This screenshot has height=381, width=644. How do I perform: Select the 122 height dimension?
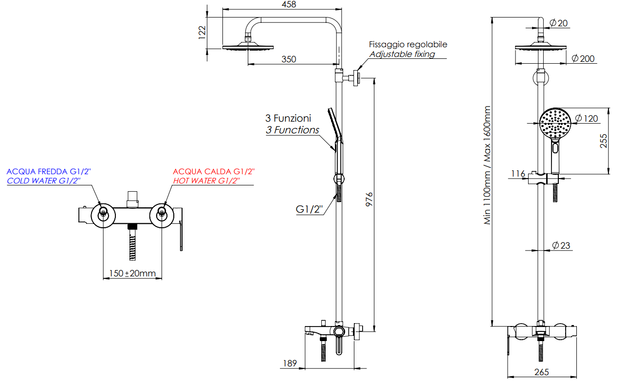coord(202,32)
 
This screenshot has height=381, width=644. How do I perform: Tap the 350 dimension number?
coord(289,59)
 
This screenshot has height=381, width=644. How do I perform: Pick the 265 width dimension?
coord(541,372)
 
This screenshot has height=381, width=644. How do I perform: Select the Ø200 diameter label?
coord(583,58)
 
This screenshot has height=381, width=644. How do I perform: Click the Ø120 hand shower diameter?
coord(587,118)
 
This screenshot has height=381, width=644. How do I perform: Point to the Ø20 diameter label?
coord(559,22)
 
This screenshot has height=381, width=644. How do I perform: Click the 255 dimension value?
coord(604,141)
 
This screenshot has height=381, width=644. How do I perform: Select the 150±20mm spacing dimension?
coord(132,273)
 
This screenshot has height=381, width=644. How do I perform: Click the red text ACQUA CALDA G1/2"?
coord(214,171)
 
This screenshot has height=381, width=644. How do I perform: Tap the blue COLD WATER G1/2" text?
coord(43,181)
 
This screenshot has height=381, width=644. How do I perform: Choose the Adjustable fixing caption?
coord(402,54)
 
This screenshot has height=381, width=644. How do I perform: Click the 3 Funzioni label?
coord(288,118)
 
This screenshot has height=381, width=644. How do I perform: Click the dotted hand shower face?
coord(554,123)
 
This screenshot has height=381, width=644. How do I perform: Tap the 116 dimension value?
coord(518,174)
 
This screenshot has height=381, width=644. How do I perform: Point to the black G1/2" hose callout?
coord(310,210)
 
